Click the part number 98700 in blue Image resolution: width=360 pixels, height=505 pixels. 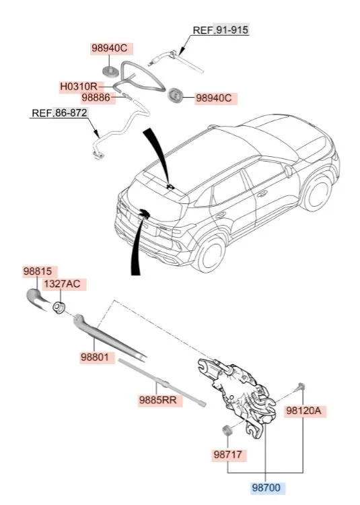click(266, 487)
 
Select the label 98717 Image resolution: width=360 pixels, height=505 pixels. click(227, 454)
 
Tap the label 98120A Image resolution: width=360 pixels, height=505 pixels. click(303, 411)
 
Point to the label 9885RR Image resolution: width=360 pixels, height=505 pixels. click(158, 400)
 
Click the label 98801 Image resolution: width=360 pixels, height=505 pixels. click(94, 357)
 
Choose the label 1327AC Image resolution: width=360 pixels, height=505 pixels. click(62, 284)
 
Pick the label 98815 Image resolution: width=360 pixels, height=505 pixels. click(37, 271)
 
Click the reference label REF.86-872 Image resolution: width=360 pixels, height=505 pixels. click(59, 113)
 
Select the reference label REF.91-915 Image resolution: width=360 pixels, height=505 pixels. click(221, 30)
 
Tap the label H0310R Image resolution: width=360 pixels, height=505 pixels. click(79, 87)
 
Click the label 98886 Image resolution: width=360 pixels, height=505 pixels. click(96, 97)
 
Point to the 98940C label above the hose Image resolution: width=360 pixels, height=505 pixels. click(110, 48)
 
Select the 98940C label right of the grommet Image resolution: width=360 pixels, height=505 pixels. click(213, 98)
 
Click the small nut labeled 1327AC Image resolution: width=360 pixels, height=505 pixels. click(59, 307)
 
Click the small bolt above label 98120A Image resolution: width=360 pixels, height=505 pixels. click(301, 386)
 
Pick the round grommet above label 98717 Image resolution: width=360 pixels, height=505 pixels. click(227, 430)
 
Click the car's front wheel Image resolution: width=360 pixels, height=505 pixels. click(211, 253)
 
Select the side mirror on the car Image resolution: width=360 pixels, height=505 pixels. click(287, 170)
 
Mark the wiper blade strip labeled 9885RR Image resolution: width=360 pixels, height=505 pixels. click(161, 382)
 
